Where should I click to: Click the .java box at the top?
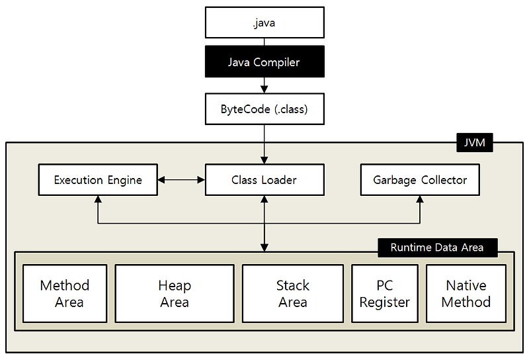click(264, 22)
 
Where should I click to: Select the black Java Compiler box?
click(264, 62)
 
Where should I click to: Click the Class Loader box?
click(264, 180)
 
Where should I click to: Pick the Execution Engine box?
click(98, 180)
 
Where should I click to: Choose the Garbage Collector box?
click(420, 180)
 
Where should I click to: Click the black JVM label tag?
click(474, 143)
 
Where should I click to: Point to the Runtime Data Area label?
click(436, 247)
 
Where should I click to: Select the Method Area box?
click(65, 294)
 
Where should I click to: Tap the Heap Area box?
click(175, 294)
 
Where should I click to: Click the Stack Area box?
click(292, 294)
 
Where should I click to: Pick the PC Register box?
click(385, 294)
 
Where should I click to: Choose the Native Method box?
click(466, 294)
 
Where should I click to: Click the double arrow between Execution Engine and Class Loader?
click(181, 180)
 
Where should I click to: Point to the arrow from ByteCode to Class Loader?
click(264, 144)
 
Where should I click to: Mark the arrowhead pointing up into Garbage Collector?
click(420, 200)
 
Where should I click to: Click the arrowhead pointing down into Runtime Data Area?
click(264, 247)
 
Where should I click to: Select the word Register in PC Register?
click(385, 302)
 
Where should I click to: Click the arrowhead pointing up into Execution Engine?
click(98, 200)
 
